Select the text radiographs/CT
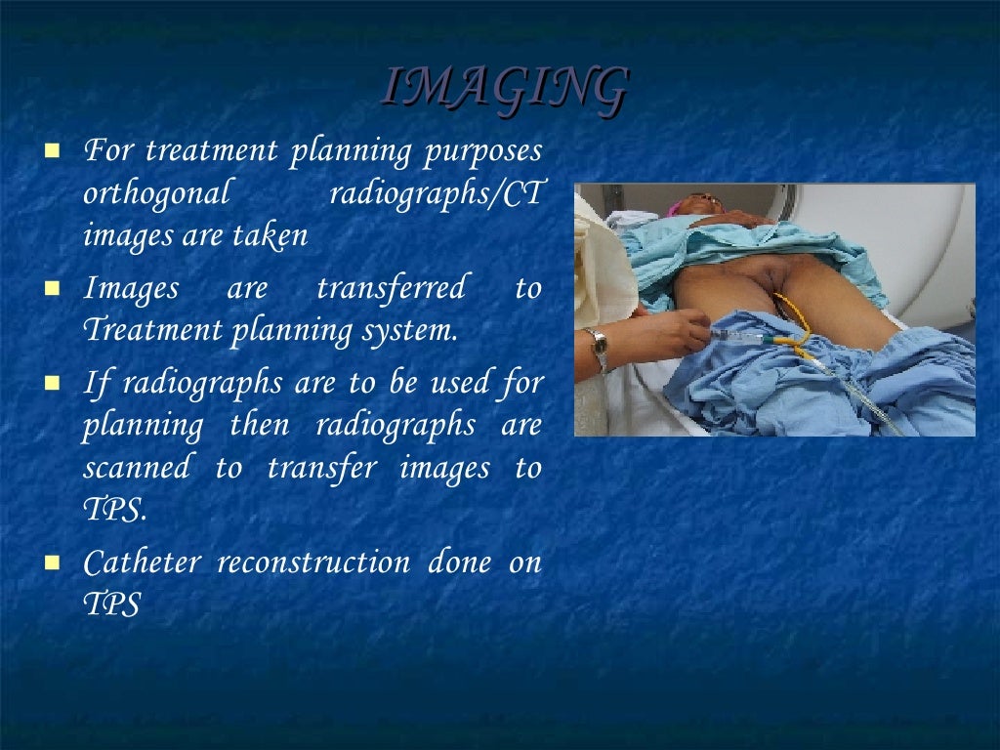tap(435, 193)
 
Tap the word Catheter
tap(143, 562)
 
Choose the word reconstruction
tap(313, 562)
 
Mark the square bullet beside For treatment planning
tap(53, 152)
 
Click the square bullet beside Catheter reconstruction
tap(53, 563)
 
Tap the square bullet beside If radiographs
tap(53, 383)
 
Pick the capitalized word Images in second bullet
tap(132, 288)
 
